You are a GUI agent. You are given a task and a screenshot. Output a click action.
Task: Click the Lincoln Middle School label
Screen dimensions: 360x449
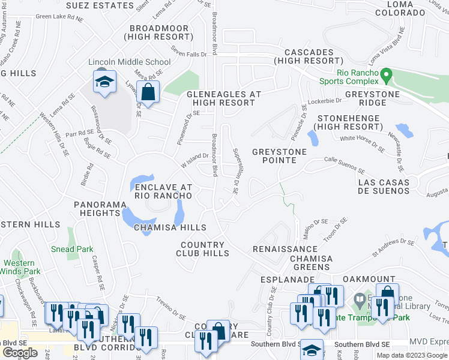click(129, 62)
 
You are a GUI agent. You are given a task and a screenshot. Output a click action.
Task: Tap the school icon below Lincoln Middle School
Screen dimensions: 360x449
click(104, 82)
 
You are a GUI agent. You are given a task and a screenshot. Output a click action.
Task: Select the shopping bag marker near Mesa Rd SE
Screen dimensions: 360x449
click(147, 92)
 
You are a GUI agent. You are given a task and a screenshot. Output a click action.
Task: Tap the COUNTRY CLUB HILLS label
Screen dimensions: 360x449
click(205, 249)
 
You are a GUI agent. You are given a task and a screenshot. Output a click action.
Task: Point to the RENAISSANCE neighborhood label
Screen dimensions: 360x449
click(285, 248)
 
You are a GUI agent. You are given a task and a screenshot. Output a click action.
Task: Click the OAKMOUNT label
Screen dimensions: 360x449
click(369, 280)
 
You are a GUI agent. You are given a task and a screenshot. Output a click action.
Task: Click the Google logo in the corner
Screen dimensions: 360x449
click(20, 353)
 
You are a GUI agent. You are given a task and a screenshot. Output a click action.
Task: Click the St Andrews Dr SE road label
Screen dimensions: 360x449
click(393, 248)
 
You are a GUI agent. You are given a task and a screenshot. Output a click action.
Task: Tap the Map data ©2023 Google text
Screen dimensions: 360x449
click(412, 355)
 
